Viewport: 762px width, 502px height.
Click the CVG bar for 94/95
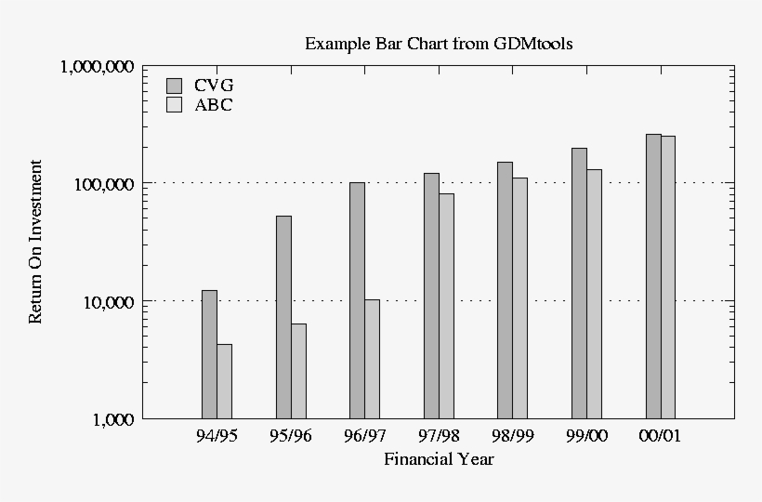(209, 354)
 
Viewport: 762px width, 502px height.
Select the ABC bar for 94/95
(224, 381)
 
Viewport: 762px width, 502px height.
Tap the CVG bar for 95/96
(283, 317)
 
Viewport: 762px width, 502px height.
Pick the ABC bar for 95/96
(298, 371)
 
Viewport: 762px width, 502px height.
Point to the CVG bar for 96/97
(357, 300)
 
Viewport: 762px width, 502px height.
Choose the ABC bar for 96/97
(372, 359)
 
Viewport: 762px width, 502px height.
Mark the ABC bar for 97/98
(446, 306)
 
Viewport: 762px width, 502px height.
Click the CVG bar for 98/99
(505, 290)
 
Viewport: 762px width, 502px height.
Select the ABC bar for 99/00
(594, 294)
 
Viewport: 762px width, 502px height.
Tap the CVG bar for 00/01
(653, 276)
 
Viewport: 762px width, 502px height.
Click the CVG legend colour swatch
(174, 86)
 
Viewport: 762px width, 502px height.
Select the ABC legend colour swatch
(174, 105)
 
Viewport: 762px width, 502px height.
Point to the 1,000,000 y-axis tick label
(97, 67)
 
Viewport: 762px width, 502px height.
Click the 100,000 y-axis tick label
(102, 184)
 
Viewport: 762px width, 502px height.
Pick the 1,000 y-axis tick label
(112, 419)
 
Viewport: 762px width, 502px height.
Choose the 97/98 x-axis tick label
(439, 436)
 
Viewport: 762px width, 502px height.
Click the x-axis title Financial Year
(439, 459)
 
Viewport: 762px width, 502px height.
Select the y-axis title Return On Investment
(35, 242)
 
